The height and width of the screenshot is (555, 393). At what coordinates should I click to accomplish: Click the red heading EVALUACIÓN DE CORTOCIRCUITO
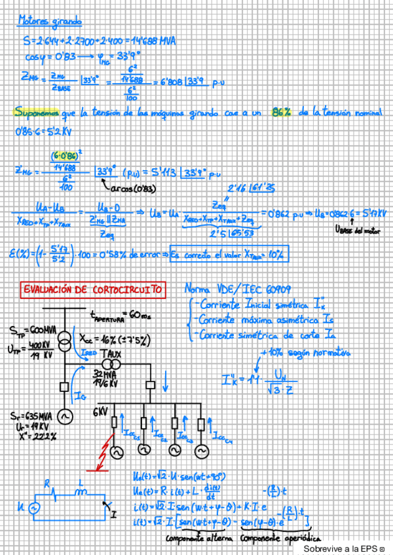[93, 289]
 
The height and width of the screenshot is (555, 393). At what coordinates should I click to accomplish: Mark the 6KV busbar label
[100, 412]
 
